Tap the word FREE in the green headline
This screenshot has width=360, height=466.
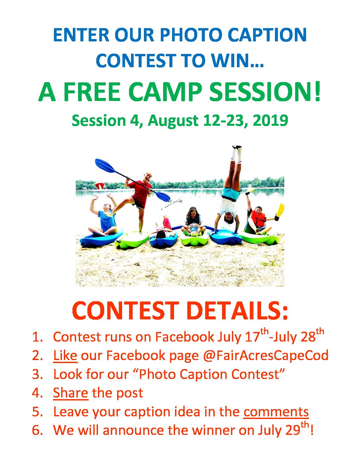(91, 92)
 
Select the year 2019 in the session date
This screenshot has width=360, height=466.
(270, 120)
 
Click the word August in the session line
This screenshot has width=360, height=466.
(173, 121)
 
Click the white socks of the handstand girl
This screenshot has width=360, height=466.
(237, 153)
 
